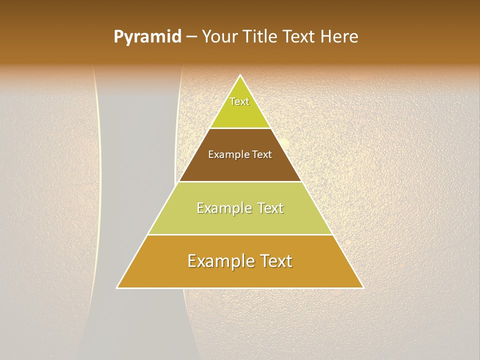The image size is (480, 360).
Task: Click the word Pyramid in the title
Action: (147, 37)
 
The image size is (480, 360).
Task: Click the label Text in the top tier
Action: (239, 101)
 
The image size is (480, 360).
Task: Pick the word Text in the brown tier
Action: (262, 154)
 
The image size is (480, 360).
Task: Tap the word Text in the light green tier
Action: (270, 208)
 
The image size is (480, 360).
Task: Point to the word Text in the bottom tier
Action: (274, 261)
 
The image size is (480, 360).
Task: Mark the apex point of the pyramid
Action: (240, 76)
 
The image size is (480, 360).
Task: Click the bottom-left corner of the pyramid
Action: (117, 287)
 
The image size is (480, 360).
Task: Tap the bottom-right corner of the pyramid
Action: (363, 287)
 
